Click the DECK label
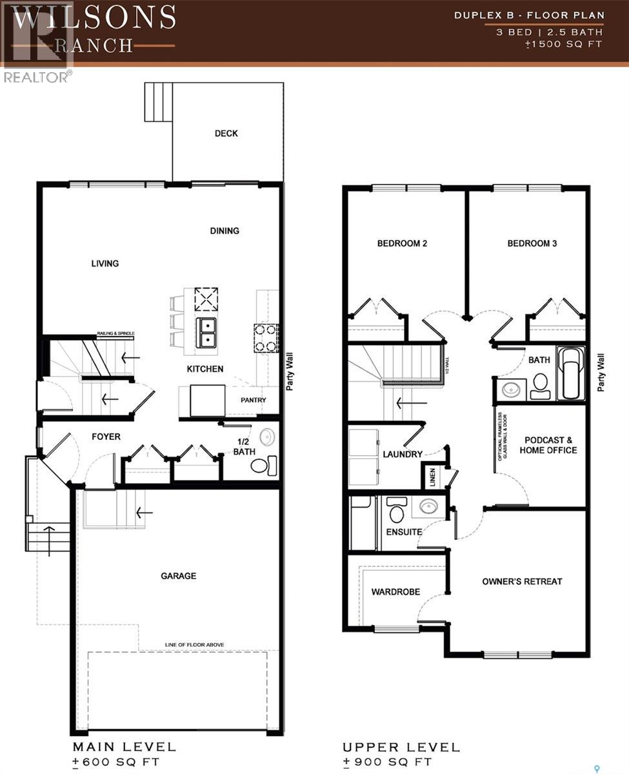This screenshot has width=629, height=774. click(226, 134)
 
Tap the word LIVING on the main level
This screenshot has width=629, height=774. click(105, 263)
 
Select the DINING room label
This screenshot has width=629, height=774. click(224, 230)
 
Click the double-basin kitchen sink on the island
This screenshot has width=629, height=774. click(207, 332)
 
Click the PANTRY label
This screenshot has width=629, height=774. click(254, 400)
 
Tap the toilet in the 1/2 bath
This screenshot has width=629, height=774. click(264, 465)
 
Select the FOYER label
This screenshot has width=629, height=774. click(105, 437)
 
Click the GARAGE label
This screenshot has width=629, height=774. click(178, 576)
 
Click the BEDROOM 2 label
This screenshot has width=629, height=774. click(402, 243)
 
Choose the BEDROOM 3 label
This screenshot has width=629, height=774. click(532, 243)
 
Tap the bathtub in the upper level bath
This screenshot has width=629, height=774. click(570, 374)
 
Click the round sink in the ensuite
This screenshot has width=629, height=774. click(429, 506)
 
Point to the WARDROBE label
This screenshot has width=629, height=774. click(395, 591)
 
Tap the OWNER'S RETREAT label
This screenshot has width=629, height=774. click(522, 581)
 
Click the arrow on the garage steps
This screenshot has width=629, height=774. click(144, 513)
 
